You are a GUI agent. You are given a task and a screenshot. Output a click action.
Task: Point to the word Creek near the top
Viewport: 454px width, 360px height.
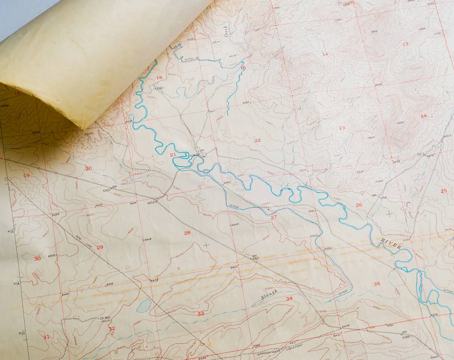227,31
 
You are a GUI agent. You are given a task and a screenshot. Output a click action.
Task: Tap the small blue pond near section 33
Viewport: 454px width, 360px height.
144,305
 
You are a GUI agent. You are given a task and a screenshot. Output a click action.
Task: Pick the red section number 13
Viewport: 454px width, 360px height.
405,44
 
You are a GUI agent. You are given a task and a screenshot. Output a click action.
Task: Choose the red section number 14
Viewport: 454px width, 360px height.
325,54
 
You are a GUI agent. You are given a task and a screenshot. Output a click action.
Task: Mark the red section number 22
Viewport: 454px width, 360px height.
258,140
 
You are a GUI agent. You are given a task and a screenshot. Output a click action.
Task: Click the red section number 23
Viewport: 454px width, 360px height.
342,128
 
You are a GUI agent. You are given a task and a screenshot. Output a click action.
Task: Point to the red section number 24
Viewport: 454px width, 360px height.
423,116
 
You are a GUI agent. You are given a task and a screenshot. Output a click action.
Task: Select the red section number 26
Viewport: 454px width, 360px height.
359,205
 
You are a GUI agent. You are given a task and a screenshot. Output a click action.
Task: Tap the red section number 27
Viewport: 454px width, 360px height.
274,217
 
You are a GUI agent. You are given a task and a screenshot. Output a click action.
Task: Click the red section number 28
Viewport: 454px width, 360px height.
187,233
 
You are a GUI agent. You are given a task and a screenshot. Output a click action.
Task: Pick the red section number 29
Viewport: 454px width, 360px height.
100,247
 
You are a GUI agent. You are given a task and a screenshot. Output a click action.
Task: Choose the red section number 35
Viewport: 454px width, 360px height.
376,284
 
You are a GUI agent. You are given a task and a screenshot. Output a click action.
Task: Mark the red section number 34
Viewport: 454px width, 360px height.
289,299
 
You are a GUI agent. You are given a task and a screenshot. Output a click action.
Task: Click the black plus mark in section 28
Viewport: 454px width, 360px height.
206,245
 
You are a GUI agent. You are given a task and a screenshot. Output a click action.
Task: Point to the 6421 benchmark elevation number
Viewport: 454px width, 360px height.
256,259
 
